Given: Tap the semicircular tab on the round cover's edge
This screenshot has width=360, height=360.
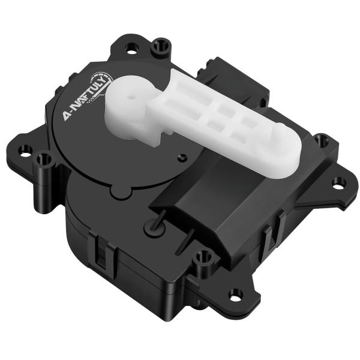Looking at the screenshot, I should tap(119, 191).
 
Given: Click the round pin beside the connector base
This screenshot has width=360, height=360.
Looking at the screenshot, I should tap(150, 227).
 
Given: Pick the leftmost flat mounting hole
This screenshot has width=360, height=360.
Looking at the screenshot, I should tap(25, 149).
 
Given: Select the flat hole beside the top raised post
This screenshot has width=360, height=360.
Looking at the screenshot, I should tap(133, 46).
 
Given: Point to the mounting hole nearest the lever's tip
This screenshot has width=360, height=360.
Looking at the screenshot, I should tap(323, 142).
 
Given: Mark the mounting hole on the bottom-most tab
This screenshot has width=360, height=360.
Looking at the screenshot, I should tap(236, 294).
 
